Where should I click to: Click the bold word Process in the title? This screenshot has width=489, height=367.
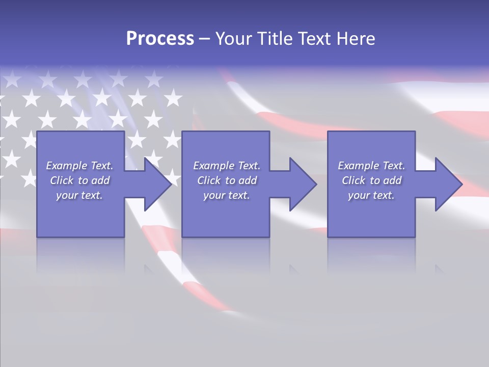[160, 39]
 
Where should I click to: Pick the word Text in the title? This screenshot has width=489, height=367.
[314, 39]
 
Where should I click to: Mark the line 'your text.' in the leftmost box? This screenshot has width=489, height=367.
[79, 195]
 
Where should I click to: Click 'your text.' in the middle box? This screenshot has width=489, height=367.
[226, 195]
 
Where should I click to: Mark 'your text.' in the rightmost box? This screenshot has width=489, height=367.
[371, 195]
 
